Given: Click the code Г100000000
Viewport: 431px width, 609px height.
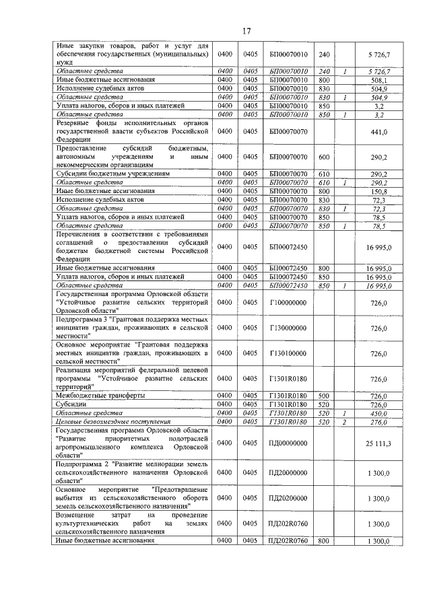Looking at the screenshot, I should [288, 303].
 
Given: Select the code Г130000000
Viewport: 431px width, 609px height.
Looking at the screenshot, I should [288, 328].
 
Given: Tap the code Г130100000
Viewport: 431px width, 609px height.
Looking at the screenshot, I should [288, 353].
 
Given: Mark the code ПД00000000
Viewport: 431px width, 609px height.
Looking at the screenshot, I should [288, 443].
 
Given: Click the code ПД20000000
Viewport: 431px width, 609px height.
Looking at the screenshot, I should [288, 473].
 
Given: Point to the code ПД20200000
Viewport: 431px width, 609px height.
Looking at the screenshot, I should [288, 498].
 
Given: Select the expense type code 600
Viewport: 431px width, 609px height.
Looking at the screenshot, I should [323, 156].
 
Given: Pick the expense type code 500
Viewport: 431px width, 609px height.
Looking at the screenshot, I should [323, 396].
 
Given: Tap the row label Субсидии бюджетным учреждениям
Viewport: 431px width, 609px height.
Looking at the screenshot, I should [112, 174].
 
